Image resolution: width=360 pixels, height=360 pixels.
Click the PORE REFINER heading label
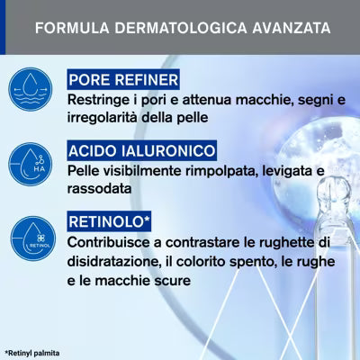tap(123, 79)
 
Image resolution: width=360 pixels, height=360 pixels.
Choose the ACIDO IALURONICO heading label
tap(141, 150)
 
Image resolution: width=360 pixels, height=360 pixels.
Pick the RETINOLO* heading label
tap(109, 221)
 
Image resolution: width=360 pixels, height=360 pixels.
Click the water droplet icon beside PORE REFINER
tap(31, 89)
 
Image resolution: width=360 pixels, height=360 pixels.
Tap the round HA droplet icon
tap(31, 164)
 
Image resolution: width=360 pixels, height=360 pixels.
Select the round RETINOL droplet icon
tap(33, 238)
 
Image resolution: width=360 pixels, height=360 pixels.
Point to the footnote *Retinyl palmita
tap(32, 353)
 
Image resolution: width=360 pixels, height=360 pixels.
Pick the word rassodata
tap(99, 189)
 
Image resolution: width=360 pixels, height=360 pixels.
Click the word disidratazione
tap(112, 261)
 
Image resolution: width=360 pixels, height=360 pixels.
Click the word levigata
tap(287, 172)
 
